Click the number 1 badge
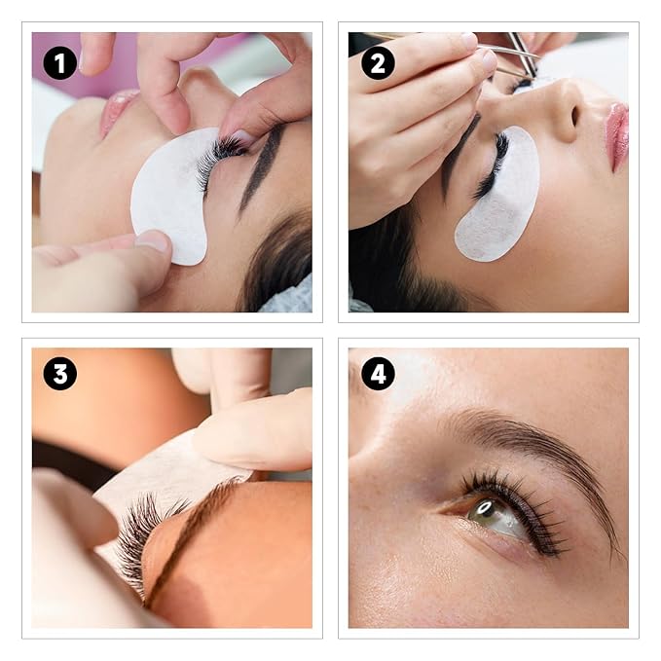pos(59,63)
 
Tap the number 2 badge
pos(378,63)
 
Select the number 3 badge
pos(59,373)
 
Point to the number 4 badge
pos(378,373)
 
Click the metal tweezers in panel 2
pos(521,55)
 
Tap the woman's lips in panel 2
pos(616,136)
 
